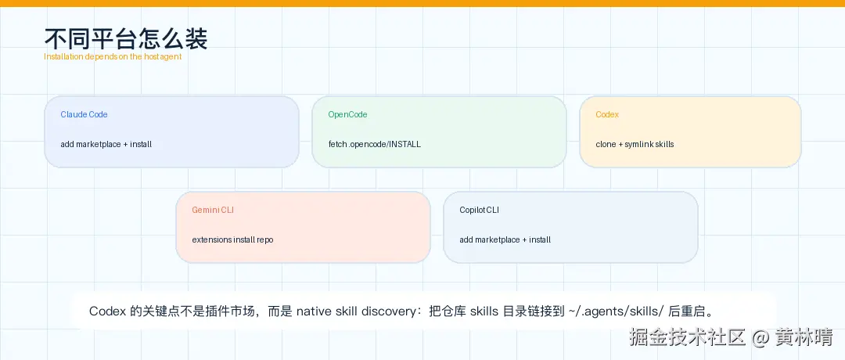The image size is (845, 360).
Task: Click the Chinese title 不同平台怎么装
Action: tap(125, 39)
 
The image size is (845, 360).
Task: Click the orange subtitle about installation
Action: tap(113, 56)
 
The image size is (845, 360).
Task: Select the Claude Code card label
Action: tap(84, 114)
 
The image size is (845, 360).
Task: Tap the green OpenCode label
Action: tap(347, 114)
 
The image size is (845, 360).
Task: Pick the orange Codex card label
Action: tap(607, 114)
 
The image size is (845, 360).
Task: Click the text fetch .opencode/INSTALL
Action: tap(375, 145)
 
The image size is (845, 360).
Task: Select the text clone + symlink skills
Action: tap(635, 145)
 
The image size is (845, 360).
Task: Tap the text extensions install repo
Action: tap(232, 239)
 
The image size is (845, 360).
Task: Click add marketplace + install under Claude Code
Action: tap(106, 145)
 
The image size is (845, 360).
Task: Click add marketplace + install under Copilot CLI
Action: tap(505, 239)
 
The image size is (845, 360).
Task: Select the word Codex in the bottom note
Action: tap(108, 311)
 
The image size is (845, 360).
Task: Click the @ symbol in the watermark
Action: tap(760, 338)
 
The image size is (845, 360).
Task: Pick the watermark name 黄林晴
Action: tap(804, 338)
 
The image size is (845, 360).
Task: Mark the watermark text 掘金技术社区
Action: tap(687, 338)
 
